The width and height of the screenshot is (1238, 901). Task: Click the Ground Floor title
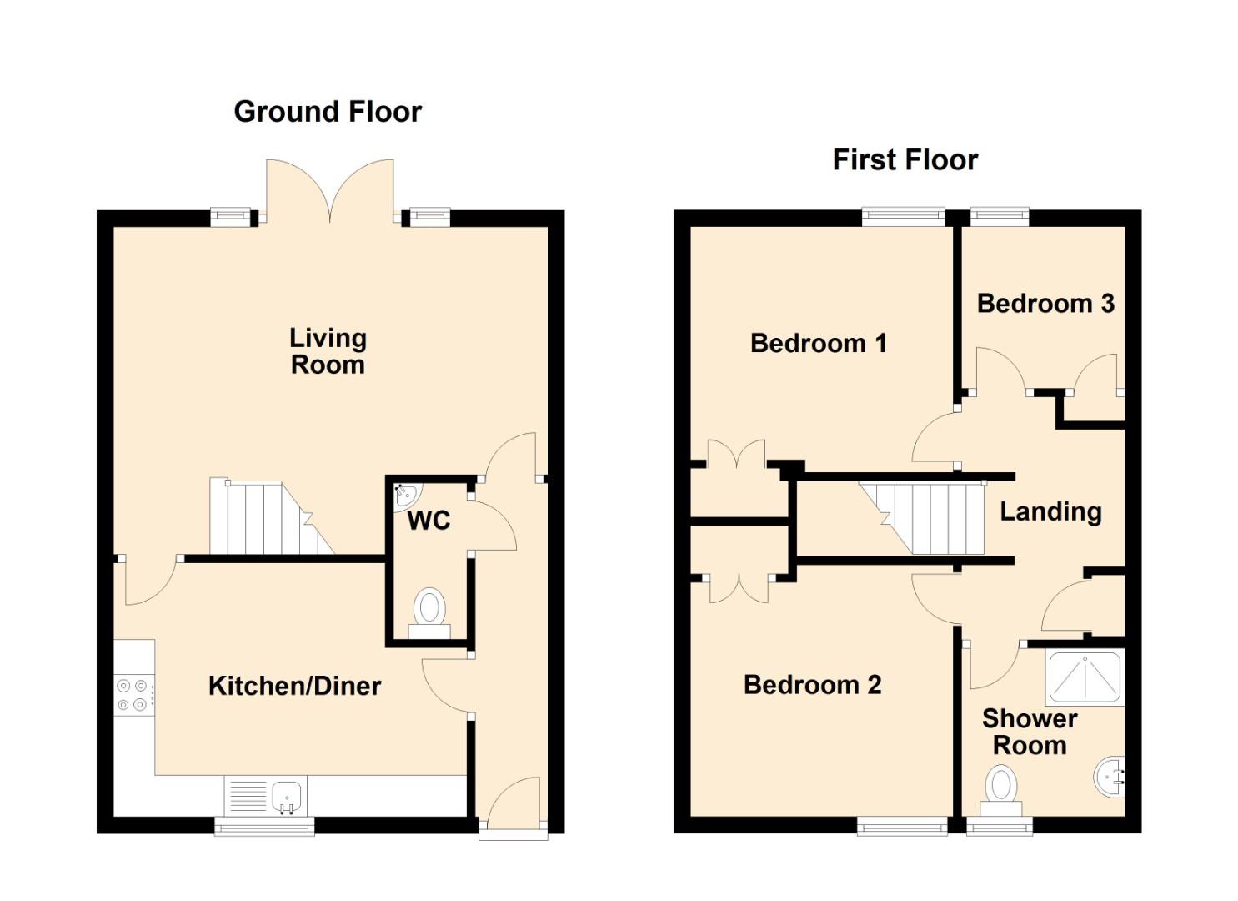[328, 112]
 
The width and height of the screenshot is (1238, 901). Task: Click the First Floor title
[905, 160]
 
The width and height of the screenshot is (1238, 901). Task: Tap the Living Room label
[328, 352]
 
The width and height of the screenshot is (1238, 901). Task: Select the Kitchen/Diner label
[294, 686]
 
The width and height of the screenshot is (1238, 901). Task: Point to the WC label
[429, 521]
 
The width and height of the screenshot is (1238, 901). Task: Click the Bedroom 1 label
[819, 344]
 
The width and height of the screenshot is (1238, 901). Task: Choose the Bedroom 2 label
[813, 685]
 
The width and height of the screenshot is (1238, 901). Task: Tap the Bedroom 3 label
[1045, 304]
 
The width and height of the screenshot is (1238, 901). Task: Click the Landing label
[1050, 512]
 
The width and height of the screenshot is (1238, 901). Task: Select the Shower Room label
[1030, 732]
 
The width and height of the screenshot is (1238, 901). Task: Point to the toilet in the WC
[429, 613]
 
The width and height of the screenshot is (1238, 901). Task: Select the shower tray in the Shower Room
[1085, 678]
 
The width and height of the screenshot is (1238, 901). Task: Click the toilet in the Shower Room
[1001, 790]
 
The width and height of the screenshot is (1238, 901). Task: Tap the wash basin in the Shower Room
[1110, 777]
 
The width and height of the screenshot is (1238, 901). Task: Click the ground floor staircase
[272, 517]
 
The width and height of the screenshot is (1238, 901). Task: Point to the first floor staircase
[922, 518]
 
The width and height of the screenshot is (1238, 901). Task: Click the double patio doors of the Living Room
[330, 191]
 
